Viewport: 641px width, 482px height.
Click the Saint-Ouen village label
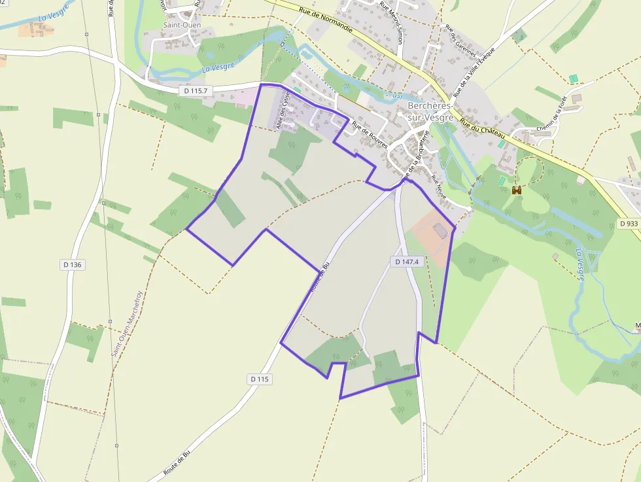[x=182, y=25]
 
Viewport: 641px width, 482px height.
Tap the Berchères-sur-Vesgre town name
[x=430, y=111]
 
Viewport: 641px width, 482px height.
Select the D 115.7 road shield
[x=196, y=91]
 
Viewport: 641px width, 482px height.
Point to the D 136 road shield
[x=73, y=264]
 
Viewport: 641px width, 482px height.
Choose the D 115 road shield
[x=260, y=379]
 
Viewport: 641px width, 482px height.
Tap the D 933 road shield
[x=627, y=224]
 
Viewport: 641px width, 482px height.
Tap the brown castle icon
[x=517, y=190]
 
